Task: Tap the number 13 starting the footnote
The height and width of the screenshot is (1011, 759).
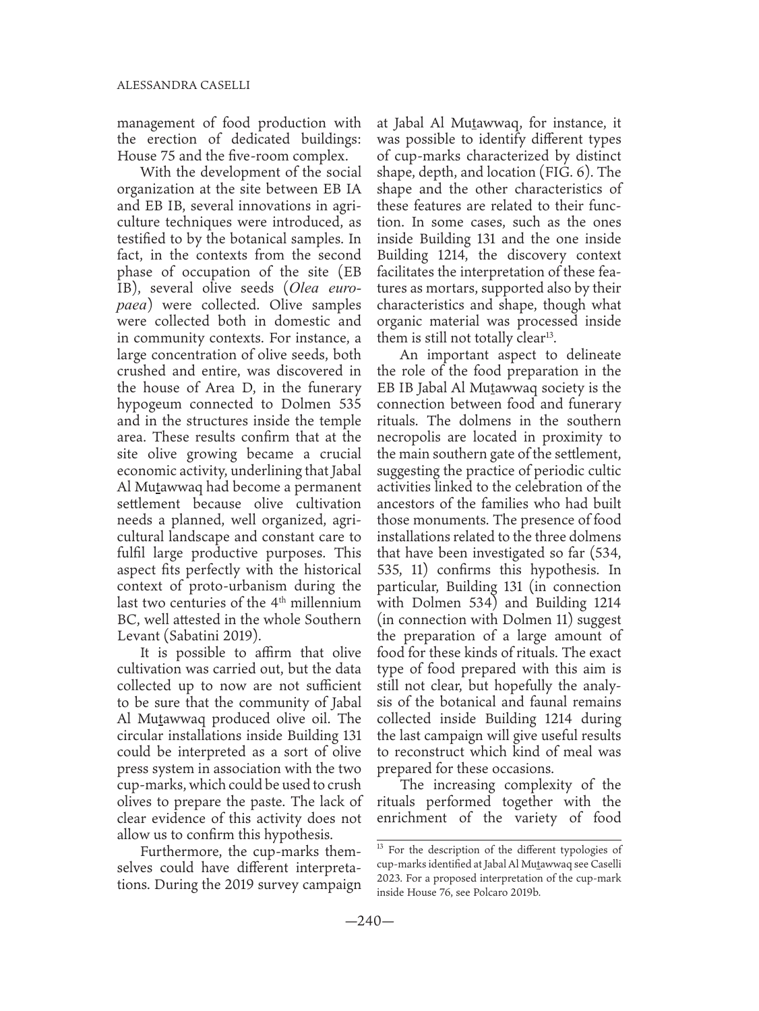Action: point(379,847)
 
